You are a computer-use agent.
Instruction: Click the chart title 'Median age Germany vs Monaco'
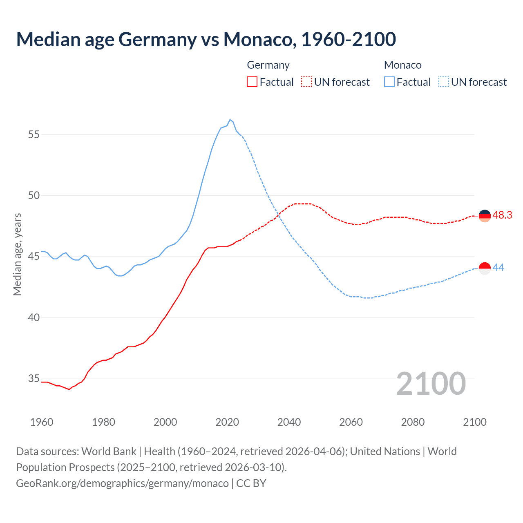pyautogui.click(x=206, y=39)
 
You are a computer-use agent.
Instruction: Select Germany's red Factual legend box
pyautogui.click(x=252, y=82)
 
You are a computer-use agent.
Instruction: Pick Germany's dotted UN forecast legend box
pyautogui.click(x=306, y=82)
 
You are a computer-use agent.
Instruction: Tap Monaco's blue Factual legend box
pyautogui.click(x=389, y=82)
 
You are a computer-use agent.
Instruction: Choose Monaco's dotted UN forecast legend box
pyautogui.click(x=443, y=82)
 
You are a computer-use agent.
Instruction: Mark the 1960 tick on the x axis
pyautogui.click(x=42, y=422)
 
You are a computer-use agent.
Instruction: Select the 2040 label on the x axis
pyautogui.click(x=289, y=422)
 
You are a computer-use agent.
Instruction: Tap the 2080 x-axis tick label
pyautogui.click(x=413, y=422)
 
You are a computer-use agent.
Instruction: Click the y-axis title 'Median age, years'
pyautogui.click(x=17, y=254)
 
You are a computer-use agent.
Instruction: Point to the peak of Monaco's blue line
pyautogui.click(x=230, y=119)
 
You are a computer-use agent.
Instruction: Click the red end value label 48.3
pyautogui.click(x=502, y=215)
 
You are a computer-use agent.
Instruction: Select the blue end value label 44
pyautogui.click(x=498, y=268)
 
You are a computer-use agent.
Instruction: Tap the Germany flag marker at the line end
pyautogui.click(x=485, y=216)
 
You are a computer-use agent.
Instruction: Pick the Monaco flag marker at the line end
pyautogui.click(x=485, y=268)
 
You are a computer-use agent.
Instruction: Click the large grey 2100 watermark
pyautogui.click(x=431, y=383)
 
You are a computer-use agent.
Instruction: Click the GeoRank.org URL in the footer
pyautogui.click(x=122, y=483)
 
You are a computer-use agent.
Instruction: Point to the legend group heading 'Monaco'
pyautogui.click(x=402, y=65)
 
